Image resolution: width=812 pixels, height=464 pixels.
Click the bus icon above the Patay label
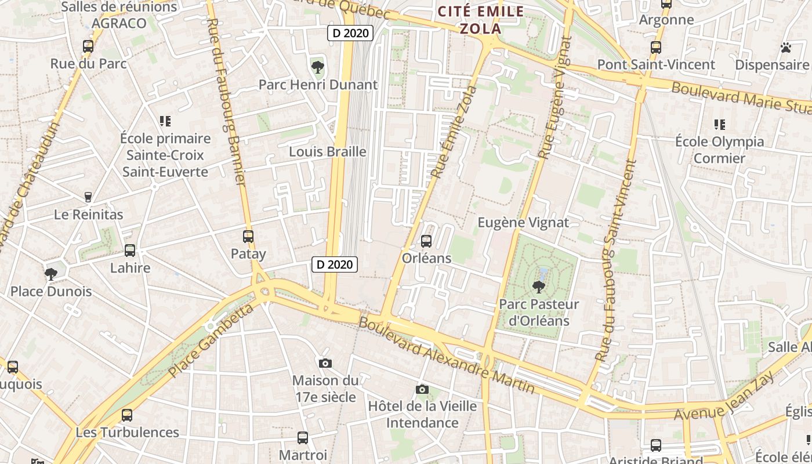click(248, 237)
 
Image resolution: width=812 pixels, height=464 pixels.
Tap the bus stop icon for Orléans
click(426, 241)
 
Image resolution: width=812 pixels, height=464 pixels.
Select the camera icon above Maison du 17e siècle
click(325, 363)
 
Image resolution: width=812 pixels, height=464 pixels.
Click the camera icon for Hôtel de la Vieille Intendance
click(422, 389)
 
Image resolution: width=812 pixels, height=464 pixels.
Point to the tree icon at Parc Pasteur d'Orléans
click(539, 287)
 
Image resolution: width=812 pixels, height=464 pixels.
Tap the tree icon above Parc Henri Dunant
click(317, 67)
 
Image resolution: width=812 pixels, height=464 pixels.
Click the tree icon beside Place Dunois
click(51, 274)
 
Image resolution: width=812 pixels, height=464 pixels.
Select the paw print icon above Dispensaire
click(786, 48)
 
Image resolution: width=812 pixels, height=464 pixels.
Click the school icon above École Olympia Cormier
click(720, 124)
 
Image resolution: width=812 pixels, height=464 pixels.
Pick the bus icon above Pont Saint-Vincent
click(656, 48)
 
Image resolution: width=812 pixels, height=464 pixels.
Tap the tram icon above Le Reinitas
click(88, 197)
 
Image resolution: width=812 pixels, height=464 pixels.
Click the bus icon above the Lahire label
click(130, 251)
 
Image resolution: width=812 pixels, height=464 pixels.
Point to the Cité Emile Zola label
click(481, 20)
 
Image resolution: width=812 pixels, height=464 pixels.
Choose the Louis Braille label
click(328, 152)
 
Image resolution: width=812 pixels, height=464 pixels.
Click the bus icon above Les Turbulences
click(127, 415)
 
